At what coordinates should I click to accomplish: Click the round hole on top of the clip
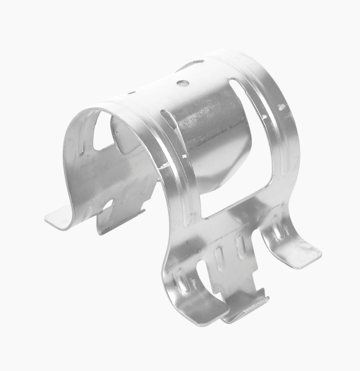click(x=183, y=83)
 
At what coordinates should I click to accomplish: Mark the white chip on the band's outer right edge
click(x=281, y=107)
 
